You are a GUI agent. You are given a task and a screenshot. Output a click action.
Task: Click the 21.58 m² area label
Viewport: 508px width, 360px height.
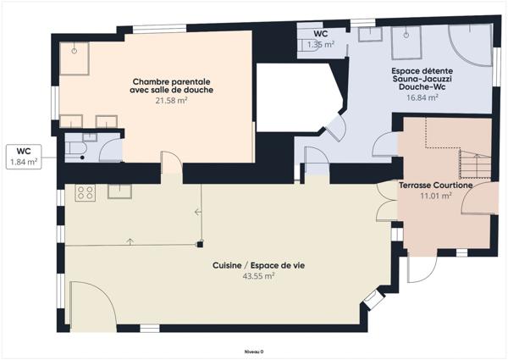point(171,100)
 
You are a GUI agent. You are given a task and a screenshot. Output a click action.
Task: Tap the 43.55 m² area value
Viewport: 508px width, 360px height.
point(258,276)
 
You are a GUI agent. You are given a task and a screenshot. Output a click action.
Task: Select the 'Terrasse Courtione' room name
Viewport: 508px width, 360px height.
point(435,184)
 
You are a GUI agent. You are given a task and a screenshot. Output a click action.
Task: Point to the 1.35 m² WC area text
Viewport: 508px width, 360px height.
point(320,44)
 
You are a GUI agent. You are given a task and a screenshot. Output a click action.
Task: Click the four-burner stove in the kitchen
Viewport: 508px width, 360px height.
point(86,192)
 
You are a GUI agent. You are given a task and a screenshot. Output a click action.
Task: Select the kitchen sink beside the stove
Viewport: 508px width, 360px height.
point(119,191)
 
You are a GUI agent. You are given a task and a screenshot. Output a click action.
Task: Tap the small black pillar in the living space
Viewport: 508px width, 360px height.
point(199,246)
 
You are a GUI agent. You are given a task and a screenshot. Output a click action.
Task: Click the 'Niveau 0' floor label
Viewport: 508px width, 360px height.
point(254,351)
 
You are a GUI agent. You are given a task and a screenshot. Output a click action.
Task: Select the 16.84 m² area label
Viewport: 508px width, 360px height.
point(421,97)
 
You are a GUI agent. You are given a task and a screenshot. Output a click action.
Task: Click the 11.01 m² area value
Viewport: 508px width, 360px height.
point(435,195)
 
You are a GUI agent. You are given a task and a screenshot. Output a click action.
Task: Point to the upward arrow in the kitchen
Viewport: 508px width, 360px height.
point(130,241)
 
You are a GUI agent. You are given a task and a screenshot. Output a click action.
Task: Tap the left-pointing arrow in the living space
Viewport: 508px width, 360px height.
point(197,211)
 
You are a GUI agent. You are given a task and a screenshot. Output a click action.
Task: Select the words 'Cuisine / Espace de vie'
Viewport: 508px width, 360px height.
point(258,265)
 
